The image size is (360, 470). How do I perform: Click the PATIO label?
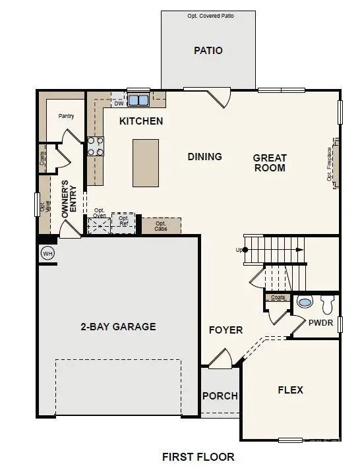[x=208, y=50]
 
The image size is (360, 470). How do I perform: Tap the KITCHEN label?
[x=141, y=121]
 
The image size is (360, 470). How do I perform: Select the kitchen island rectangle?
[x=145, y=163]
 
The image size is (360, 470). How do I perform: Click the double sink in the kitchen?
[x=138, y=101]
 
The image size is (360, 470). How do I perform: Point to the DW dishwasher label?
[x=119, y=103]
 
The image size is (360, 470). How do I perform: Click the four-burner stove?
[x=96, y=146]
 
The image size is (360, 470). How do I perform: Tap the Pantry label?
[x=66, y=116]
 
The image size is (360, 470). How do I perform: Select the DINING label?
[x=204, y=157]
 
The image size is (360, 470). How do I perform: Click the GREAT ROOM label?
[x=270, y=163]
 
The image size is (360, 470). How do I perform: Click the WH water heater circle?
[x=47, y=253]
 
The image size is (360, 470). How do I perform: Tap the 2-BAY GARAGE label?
[x=118, y=326]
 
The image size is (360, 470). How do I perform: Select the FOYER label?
[x=226, y=330]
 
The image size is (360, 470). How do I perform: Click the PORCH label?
[x=220, y=396]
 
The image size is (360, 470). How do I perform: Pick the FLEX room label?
[x=290, y=390]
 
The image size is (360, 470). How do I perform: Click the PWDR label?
[x=320, y=322]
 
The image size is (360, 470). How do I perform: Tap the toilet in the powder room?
[x=328, y=304]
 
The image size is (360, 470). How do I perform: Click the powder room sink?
[x=305, y=303]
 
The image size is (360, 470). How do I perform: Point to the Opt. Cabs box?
[x=161, y=225]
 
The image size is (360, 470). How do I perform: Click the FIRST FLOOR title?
[x=198, y=456]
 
